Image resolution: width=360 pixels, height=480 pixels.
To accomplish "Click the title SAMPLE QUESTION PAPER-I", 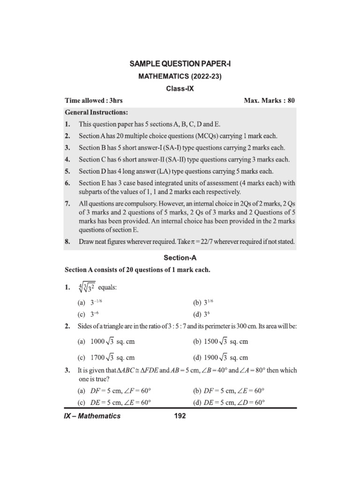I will click(x=180, y=63).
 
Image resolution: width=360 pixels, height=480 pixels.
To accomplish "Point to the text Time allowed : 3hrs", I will click(x=94, y=101).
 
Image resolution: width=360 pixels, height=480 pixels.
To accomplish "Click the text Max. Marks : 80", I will click(x=270, y=101).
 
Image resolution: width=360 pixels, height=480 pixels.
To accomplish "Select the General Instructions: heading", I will click(x=96, y=113).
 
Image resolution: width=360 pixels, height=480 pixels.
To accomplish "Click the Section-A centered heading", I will click(x=180, y=258).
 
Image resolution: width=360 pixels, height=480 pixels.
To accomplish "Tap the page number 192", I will click(x=180, y=416).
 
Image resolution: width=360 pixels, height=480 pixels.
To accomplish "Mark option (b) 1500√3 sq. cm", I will click(x=220, y=342).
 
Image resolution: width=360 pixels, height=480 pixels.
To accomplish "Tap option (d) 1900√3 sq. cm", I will click(x=220, y=357).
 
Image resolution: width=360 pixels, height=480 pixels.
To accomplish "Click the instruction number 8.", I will click(x=67, y=242).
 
